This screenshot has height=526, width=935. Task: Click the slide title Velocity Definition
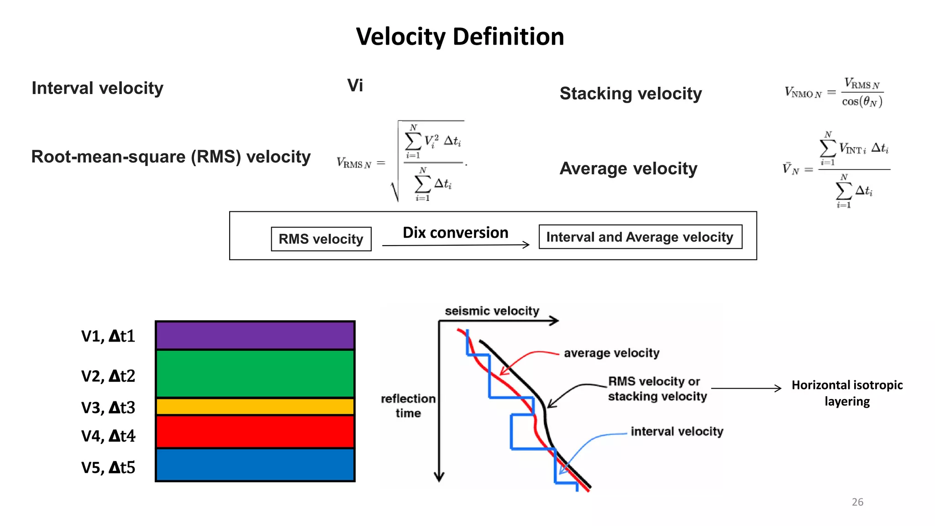(x=460, y=37)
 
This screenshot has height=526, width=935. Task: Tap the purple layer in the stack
(x=255, y=335)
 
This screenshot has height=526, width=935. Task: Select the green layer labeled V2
(x=255, y=373)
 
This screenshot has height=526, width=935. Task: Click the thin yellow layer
(x=255, y=406)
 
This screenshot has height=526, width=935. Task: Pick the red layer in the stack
(x=255, y=431)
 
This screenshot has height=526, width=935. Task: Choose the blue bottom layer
(x=255, y=465)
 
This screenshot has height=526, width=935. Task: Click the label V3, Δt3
(x=108, y=407)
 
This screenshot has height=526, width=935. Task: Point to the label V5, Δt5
(x=108, y=468)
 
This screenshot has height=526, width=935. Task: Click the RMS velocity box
(x=321, y=239)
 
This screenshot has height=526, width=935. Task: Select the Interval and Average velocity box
(x=640, y=237)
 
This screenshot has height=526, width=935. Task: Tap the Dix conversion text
(x=455, y=233)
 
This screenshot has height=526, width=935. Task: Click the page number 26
(x=857, y=502)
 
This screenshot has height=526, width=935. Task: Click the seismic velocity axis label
(x=492, y=311)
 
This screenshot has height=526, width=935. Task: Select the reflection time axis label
(x=408, y=405)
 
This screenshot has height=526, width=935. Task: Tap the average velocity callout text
(x=611, y=353)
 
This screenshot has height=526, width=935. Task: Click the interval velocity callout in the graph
(x=677, y=431)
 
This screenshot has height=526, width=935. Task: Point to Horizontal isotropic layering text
(x=847, y=393)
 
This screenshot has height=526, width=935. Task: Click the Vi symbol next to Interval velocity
(x=355, y=85)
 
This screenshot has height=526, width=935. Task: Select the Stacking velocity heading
(x=630, y=94)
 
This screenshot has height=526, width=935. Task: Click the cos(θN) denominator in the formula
(x=862, y=101)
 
